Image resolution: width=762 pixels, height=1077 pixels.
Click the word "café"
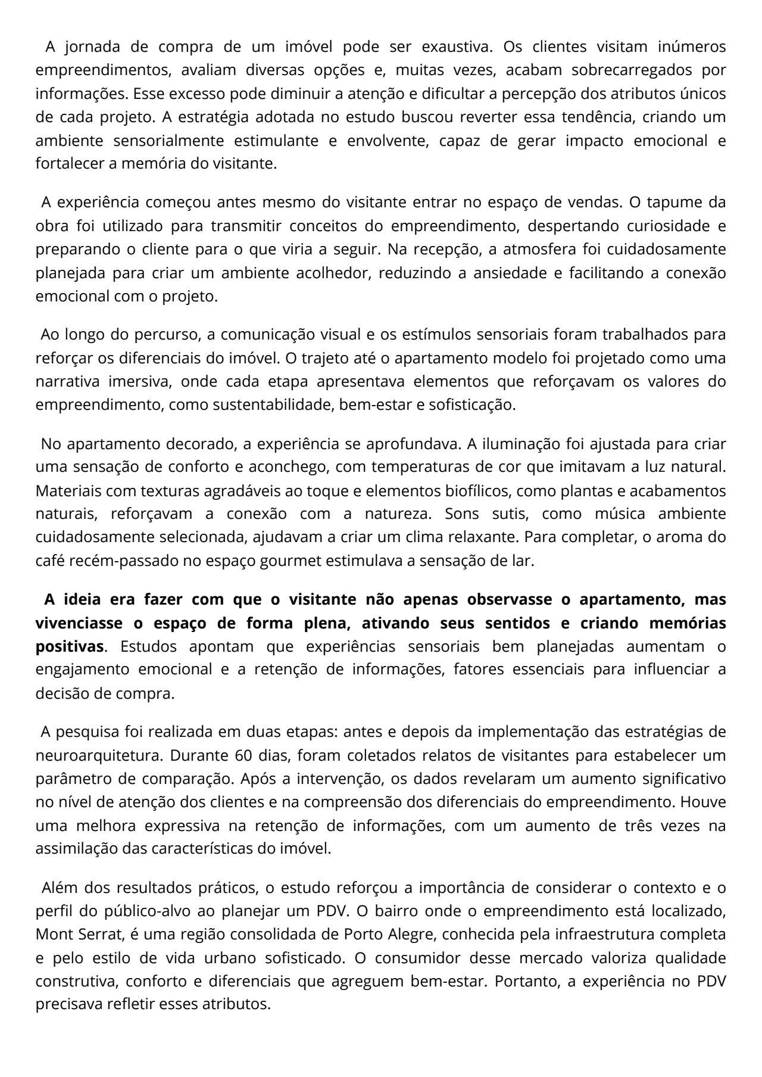51,561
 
